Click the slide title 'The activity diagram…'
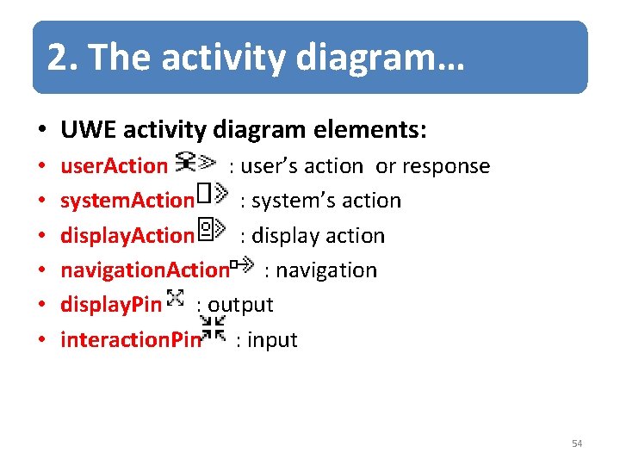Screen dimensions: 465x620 click(x=255, y=57)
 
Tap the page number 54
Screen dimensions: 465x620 click(x=577, y=443)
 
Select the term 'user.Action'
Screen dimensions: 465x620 click(x=113, y=165)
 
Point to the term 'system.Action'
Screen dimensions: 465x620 click(x=127, y=201)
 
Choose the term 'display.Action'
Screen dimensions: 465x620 click(x=127, y=235)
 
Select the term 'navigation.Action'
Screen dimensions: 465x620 click(x=145, y=270)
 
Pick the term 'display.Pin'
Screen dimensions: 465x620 click(x=110, y=305)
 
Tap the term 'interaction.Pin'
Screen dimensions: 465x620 click(x=130, y=340)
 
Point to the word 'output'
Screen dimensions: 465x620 click(x=240, y=305)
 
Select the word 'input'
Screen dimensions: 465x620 click(x=272, y=340)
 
